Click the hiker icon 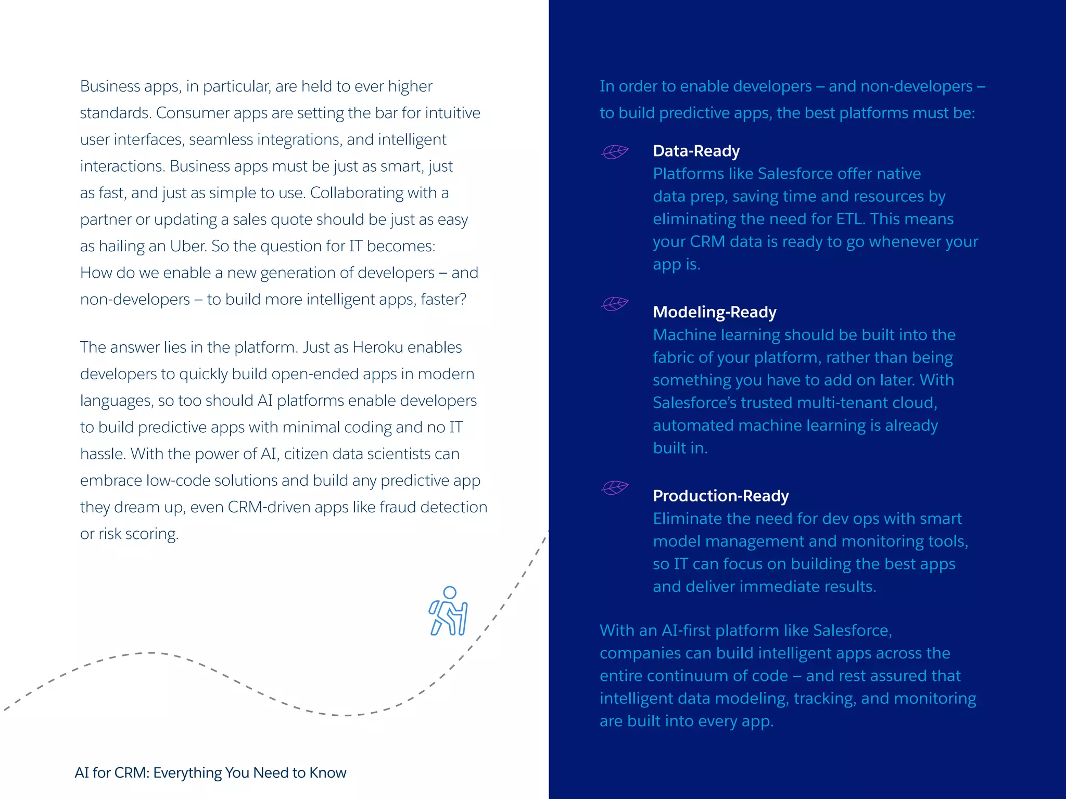click(448, 611)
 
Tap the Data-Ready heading click(696, 151)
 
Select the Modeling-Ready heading click(714, 312)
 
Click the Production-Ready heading click(720, 496)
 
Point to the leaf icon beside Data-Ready click(615, 151)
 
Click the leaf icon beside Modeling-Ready click(615, 303)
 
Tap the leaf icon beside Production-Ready click(615, 487)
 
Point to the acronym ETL click(850, 219)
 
